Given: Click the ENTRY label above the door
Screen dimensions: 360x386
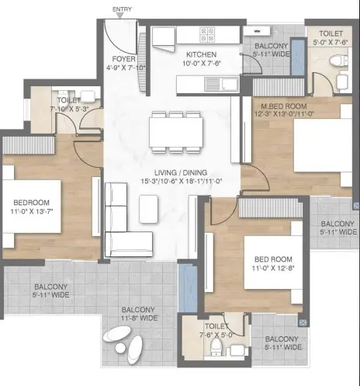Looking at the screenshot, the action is (x=122, y=9).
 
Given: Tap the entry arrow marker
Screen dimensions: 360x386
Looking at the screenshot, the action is (x=119, y=16).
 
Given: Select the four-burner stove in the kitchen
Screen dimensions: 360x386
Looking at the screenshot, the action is (x=207, y=35).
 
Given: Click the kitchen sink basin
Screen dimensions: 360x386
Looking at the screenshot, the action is (x=230, y=84).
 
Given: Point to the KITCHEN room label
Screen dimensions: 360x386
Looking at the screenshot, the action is (x=201, y=54).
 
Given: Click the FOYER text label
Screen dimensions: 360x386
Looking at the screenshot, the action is (x=123, y=59).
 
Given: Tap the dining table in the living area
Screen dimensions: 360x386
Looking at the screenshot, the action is (x=176, y=132).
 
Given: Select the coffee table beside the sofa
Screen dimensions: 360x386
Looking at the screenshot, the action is (x=148, y=209).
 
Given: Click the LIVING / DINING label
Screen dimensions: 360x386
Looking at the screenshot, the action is (x=181, y=172).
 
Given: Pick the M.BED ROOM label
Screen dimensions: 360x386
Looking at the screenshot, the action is (x=284, y=106).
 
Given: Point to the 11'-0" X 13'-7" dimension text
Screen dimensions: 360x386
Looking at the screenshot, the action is (x=32, y=211).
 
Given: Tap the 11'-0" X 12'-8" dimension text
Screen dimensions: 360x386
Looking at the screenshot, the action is (x=273, y=268).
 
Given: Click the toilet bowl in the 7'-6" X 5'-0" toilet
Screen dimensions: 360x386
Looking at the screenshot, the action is (x=216, y=346).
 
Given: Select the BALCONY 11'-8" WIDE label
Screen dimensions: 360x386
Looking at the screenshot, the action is (x=140, y=314).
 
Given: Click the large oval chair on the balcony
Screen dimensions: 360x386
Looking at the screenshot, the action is (x=117, y=334).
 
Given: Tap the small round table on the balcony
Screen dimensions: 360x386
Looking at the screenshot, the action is (x=119, y=347).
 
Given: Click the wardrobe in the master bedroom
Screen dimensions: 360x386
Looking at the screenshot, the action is (x=279, y=87).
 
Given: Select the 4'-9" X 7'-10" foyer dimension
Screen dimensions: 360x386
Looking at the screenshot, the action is (x=126, y=68).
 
